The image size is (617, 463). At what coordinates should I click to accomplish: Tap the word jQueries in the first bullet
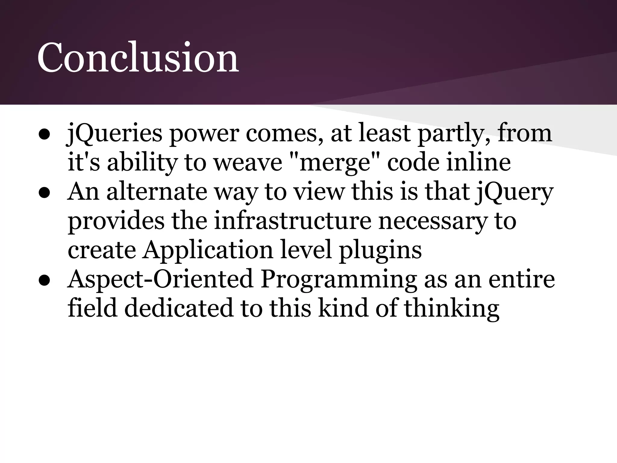click(114, 134)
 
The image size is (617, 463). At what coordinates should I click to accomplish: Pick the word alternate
click(157, 192)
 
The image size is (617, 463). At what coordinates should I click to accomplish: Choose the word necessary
click(433, 221)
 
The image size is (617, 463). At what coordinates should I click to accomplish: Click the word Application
click(208, 250)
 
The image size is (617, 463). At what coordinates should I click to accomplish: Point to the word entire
click(521, 279)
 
